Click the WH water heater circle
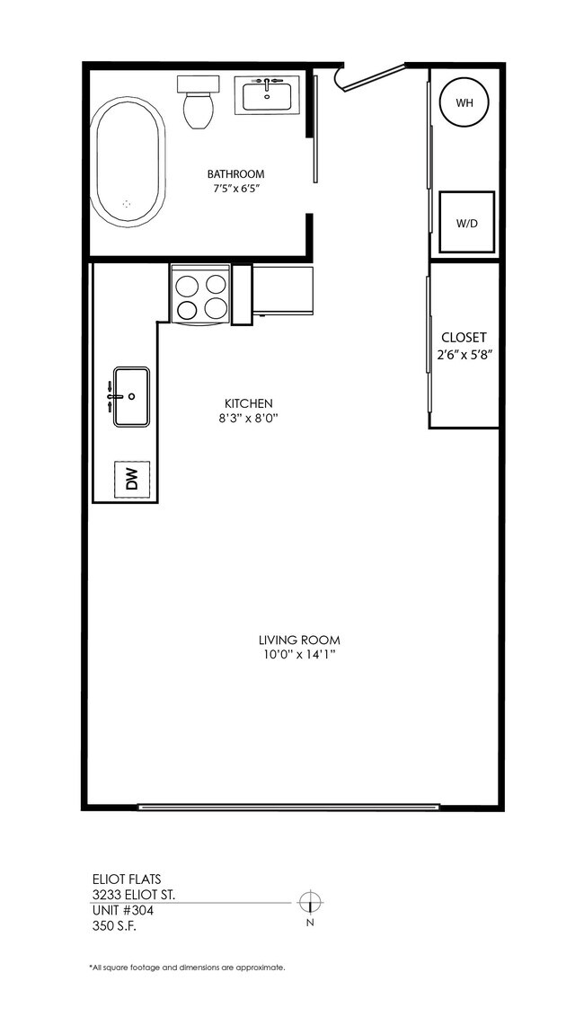tap(464, 103)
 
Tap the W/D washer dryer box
tap(466, 222)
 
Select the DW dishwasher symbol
tap(132, 480)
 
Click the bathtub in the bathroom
tap(128, 163)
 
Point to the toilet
tap(198, 103)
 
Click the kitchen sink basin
tap(130, 396)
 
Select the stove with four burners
tap(201, 296)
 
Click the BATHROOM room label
tap(236, 174)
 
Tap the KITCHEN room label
tap(249, 403)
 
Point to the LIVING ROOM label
tap(299, 641)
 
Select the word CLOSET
tap(464, 339)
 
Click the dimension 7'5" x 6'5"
tap(236, 190)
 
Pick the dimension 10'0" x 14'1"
tap(299, 655)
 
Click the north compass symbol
tap(309, 902)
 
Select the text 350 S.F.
tap(112, 926)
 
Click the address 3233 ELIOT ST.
tap(134, 895)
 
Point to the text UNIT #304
tap(123, 910)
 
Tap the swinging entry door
tap(370, 77)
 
